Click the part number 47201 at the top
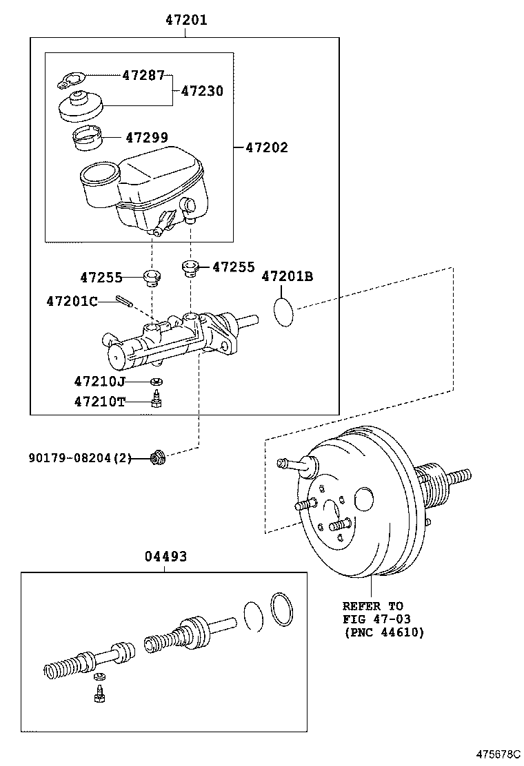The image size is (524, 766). pyautogui.click(x=185, y=21)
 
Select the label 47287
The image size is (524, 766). pyautogui.click(x=145, y=75)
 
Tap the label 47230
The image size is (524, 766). pyautogui.click(x=202, y=90)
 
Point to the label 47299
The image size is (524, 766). pyautogui.click(x=146, y=138)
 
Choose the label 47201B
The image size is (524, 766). pyautogui.click(x=287, y=277)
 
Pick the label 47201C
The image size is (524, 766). pyautogui.click(x=72, y=301)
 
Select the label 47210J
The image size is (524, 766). pyautogui.click(x=100, y=381)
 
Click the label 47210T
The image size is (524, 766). pyautogui.click(x=100, y=402)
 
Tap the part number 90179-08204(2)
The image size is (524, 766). pyautogui.click(x=79, y=457)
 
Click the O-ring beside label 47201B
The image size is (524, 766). pyautogui.click(x=283, y=312)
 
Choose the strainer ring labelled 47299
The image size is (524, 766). pyautogui.click(x=88, y=138)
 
